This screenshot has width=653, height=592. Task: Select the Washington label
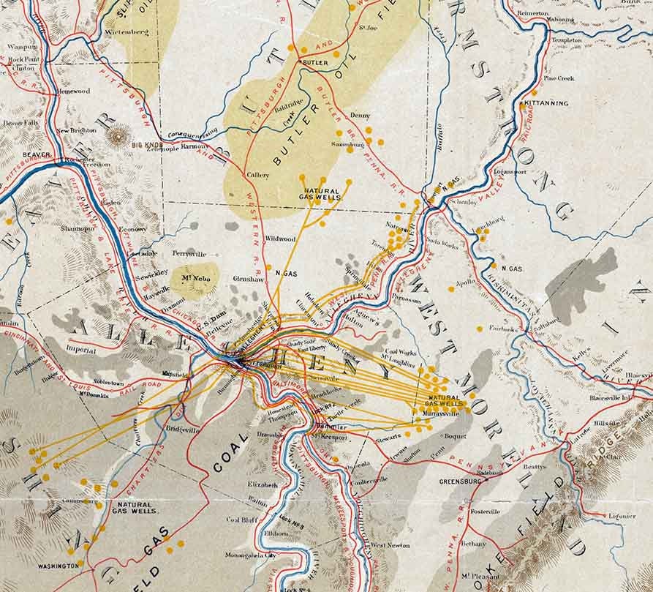(58, 566)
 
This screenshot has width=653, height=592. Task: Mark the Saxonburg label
(347, 145)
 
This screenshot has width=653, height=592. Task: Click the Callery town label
(258, 175)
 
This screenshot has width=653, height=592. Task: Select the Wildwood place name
(280, 239)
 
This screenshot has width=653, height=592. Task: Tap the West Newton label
(389, 545)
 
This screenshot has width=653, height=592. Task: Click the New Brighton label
(76, 130)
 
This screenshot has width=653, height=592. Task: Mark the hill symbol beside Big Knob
(118, 135)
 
